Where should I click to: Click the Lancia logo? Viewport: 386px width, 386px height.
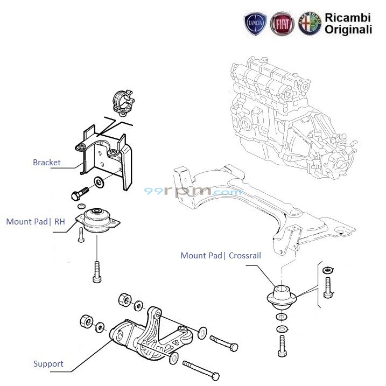[255, 24]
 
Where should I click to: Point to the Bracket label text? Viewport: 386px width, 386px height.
[47, 163]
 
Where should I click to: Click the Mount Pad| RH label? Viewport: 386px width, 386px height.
[35, 221]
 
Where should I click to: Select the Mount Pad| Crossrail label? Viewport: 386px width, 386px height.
[221, 256]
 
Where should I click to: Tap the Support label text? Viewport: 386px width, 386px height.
[48, 364]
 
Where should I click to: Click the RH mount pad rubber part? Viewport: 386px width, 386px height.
[98, 221]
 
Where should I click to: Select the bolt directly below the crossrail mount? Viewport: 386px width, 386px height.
[282, 344]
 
